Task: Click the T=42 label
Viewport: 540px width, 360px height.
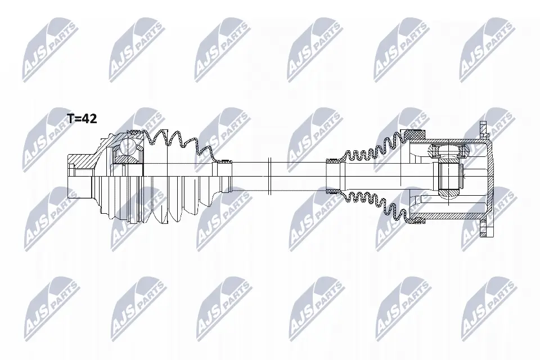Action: pyautogui.click(x=82, y=119)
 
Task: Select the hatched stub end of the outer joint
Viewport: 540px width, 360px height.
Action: pyautogui.click(x=80, y=161)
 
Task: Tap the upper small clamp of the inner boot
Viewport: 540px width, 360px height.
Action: pyautogui.click(x=332, y=160)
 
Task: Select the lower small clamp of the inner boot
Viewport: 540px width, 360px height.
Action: pyautogui.click(x=332, y=191)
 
